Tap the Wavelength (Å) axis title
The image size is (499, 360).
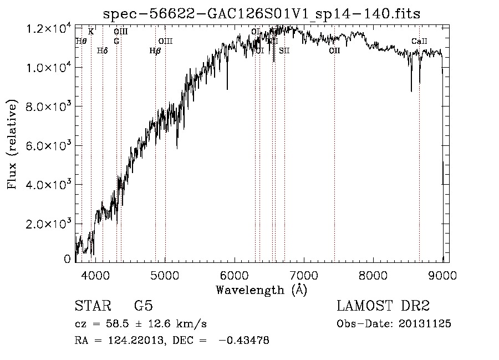(261, 290)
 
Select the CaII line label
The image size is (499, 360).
(419, 42)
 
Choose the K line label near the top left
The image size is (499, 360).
(91, 32)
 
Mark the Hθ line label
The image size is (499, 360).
(81, 41)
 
